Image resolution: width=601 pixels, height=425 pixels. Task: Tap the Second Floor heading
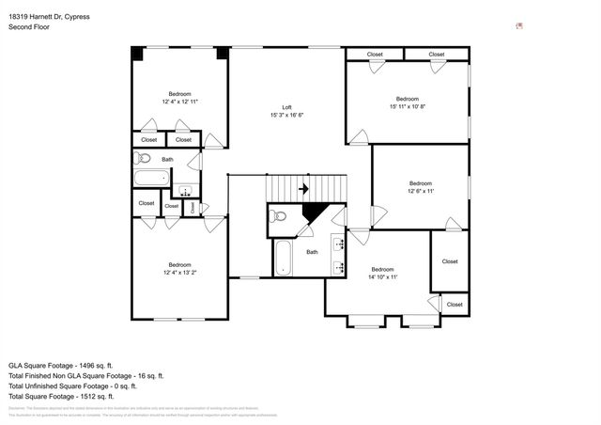pos(29,28)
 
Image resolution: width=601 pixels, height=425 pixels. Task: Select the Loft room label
pos(286,111)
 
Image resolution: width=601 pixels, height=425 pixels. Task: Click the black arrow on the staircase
pos(303,189)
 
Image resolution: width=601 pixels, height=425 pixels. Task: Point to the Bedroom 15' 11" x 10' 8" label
pos(407,102)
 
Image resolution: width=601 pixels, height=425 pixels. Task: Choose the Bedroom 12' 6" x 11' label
pos(420,187)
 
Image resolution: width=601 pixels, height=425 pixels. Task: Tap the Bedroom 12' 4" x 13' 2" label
pos(180,269)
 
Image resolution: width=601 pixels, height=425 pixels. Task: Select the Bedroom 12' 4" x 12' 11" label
pos(180,97)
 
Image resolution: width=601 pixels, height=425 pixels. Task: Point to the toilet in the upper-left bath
pos(138,159)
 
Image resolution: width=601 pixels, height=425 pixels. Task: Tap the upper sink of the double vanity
pos(339,241)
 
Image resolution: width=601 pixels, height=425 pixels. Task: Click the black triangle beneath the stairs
pos(314,215)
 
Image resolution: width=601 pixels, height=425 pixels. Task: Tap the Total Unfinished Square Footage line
pos(72,386)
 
